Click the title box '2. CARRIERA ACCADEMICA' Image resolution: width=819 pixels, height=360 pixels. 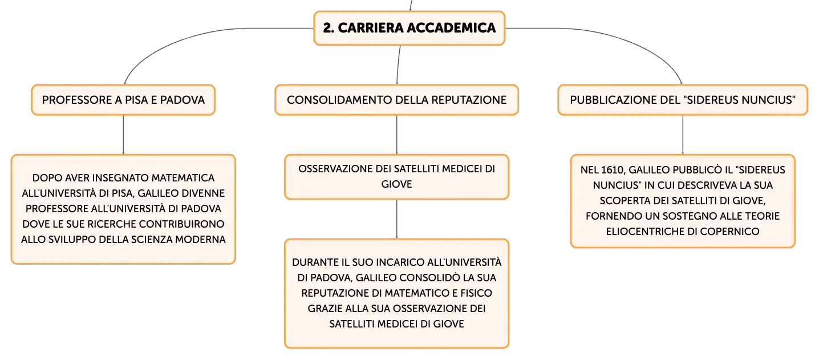click(x=409, y=28)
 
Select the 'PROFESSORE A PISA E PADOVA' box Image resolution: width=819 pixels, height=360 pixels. click(x=123, y=100)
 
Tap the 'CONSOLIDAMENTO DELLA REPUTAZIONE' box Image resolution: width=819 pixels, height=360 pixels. click(x=397, y=100)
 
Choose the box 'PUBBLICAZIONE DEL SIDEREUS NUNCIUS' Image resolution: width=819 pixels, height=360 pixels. click(x=683, y=100)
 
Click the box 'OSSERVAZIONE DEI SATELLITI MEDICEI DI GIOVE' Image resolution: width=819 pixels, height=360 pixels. click(x=397, y=177)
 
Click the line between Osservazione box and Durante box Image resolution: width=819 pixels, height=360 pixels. click(x=397, y=219)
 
